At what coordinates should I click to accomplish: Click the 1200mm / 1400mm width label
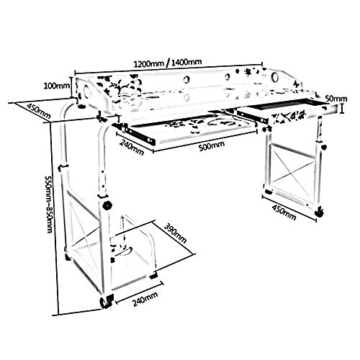(x=168, y=63)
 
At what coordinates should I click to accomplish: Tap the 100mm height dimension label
(x=56, y=86)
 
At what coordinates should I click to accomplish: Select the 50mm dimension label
(x=336, y=99)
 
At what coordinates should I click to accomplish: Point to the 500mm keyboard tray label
(x=212, y=145)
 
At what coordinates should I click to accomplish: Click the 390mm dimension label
(x=175, y=233)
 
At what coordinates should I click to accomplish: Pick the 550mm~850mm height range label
(x=49, y=204)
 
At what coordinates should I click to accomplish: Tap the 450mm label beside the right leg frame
(x=284, y=213)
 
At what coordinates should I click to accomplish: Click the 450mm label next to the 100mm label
(x=39, y=111)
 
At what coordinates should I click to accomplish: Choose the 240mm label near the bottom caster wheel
(x=145, y=299)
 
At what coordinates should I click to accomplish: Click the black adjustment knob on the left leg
(x=107, y=205)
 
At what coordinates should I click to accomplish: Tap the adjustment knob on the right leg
(x=324, y=147)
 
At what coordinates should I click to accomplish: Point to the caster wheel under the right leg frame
(x=320, y=212)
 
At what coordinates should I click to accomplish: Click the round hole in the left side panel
(x=86, y=91)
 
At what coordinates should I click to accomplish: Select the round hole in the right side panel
(x=274, y=77)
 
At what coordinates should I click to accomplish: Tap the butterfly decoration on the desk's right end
(x=297, y=84)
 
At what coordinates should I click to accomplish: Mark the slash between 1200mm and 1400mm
(x=168, y=63)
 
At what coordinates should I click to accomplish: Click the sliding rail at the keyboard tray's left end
(x=135, y=134)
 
